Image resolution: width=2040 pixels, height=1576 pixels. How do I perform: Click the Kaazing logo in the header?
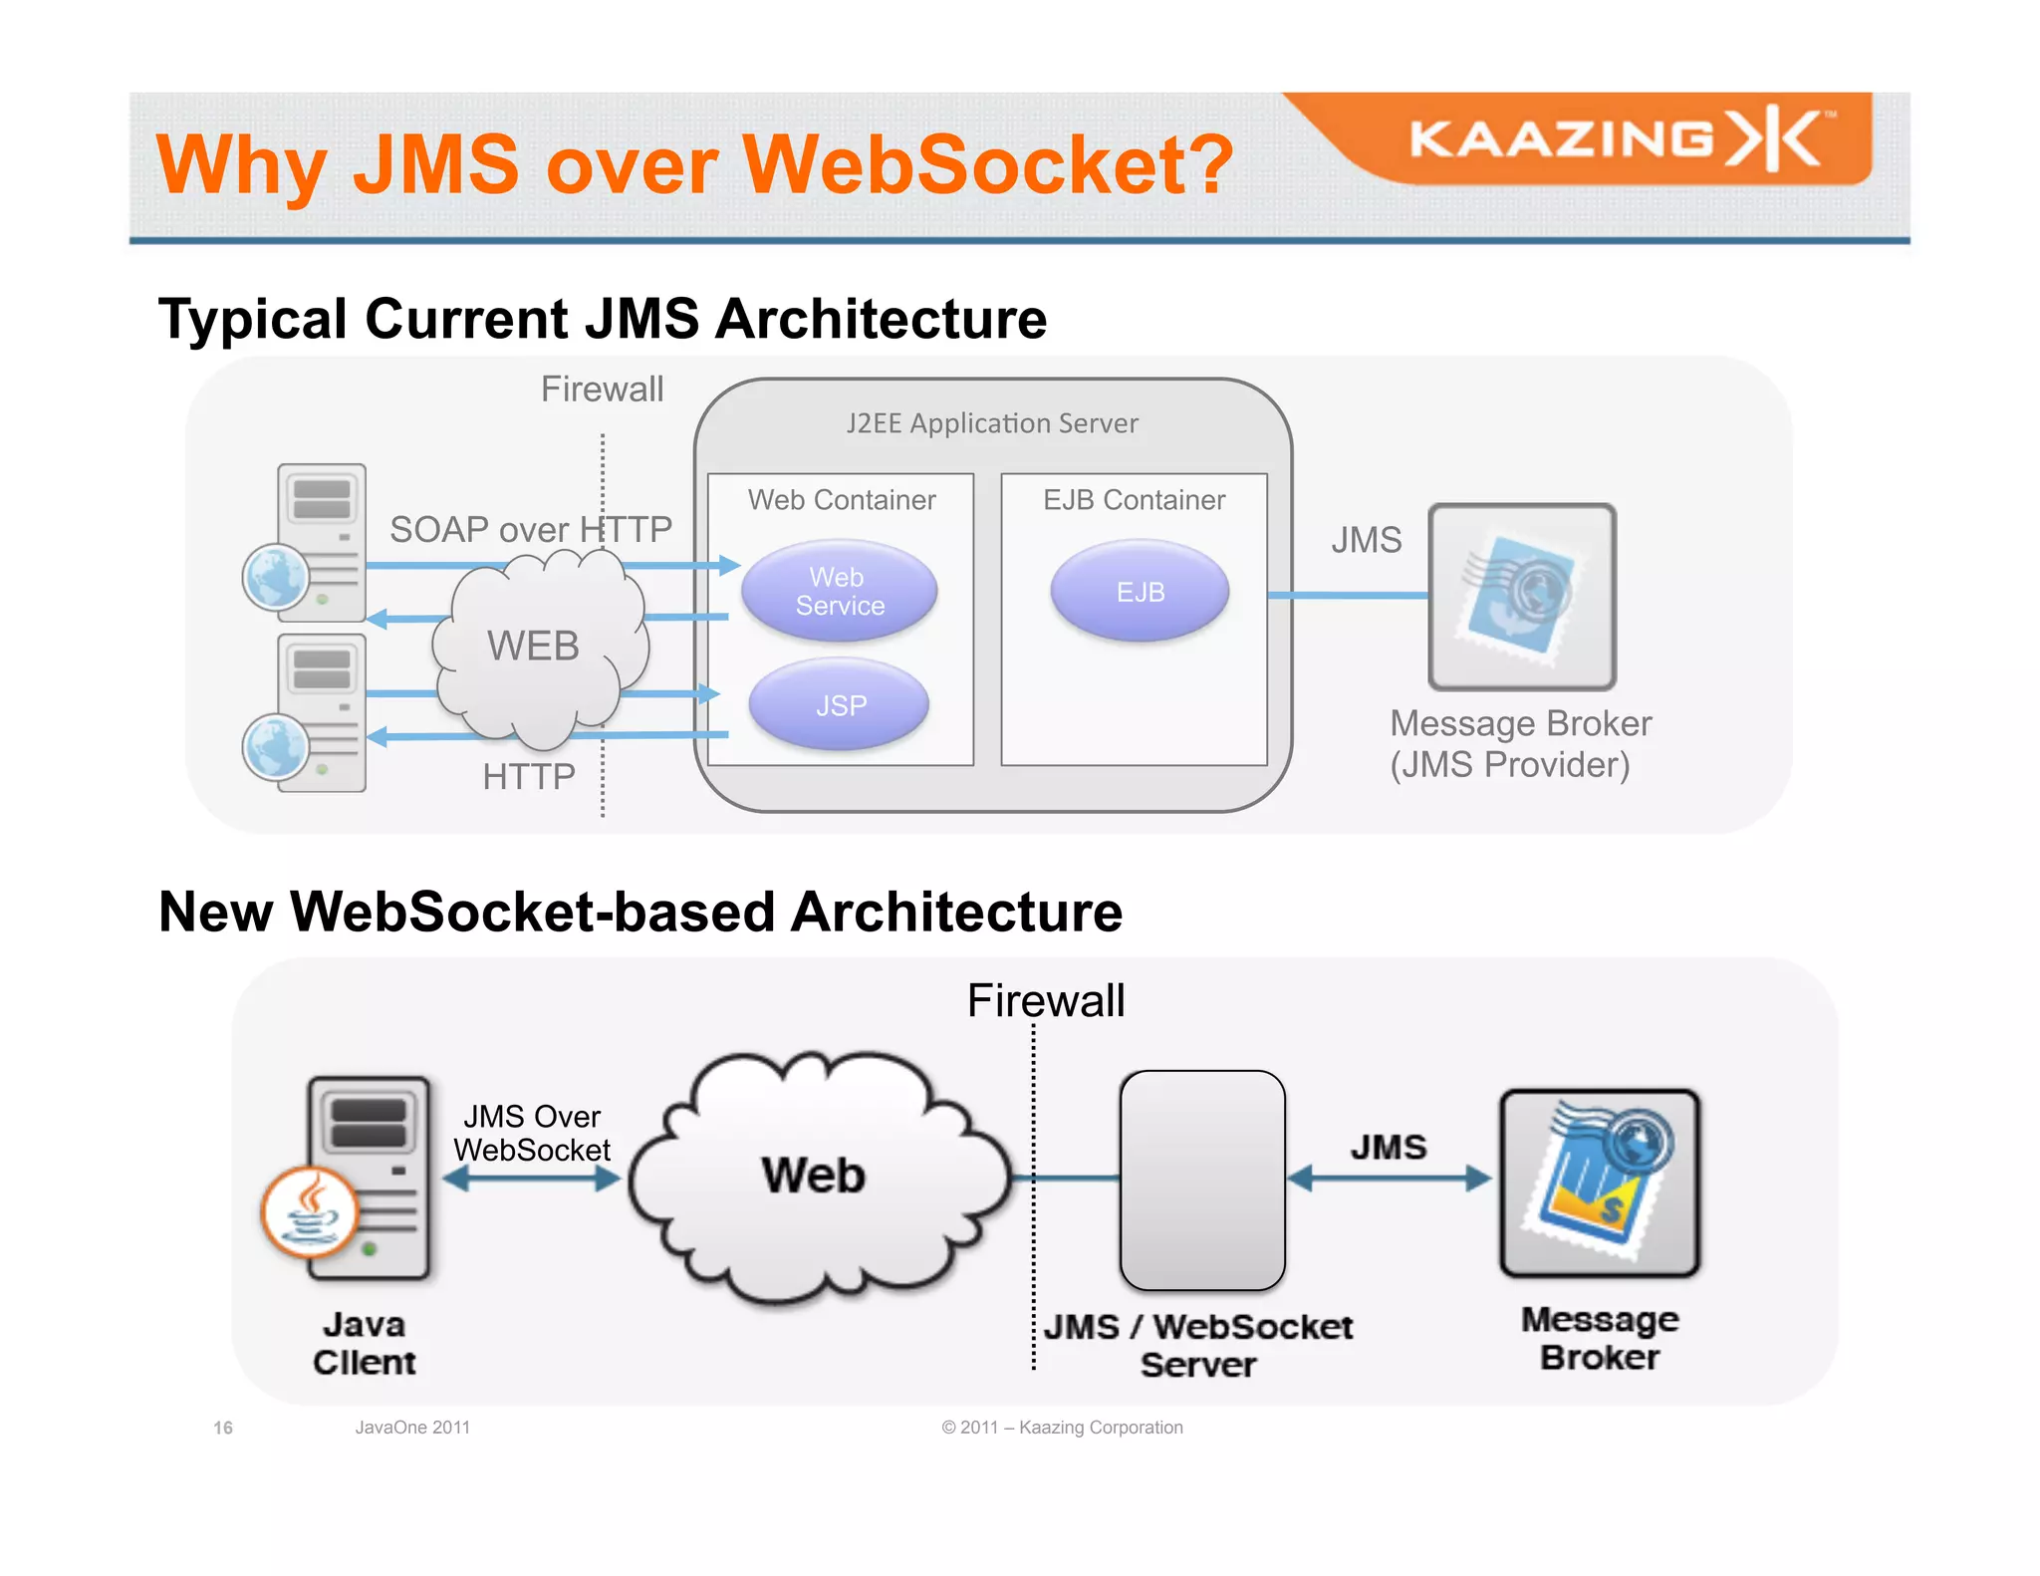coord(1619,138)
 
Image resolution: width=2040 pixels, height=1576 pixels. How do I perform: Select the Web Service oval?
coord(839,592)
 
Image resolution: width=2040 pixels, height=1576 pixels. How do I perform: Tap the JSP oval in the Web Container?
coord(840,705)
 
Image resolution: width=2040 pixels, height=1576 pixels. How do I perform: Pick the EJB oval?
coord(1140,592)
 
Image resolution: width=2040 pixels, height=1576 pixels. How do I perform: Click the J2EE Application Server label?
coord(991,423)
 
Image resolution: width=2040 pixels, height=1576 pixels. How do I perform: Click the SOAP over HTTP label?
coord(530,529)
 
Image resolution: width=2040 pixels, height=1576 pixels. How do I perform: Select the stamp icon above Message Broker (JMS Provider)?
coord(1521,597)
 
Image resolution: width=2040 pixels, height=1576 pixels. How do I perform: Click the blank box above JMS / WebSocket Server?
coord(1202,1181)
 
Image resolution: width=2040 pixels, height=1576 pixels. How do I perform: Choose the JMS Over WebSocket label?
coord(532,1133)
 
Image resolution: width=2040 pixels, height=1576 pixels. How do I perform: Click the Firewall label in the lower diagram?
coord(1045,1000)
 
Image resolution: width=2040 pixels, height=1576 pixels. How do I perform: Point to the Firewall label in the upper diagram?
coord(602,389)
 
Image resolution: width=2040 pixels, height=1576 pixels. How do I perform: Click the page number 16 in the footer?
coord(223,1428)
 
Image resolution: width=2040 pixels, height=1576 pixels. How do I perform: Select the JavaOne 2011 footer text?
coord(412,1428)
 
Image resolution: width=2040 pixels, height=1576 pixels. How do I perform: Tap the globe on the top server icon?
coord(276,577)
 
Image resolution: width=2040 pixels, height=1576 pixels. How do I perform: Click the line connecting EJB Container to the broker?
coord(1347,595)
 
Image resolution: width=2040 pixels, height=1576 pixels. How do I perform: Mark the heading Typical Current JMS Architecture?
coord(602,319)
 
